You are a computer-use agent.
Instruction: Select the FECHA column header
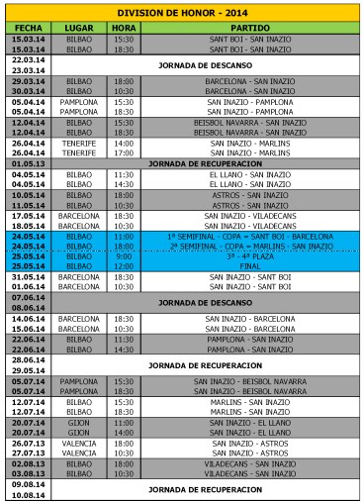point(26,27)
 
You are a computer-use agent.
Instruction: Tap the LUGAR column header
point(80,27)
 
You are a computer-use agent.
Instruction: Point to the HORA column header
point(124,27)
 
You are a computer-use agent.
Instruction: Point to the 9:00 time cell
point(124,255)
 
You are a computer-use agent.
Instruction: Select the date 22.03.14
point(26,60)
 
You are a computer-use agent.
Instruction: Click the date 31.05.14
point(26,276)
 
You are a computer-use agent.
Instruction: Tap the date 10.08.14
point(26,494)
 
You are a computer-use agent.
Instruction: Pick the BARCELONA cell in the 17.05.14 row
point(80,214)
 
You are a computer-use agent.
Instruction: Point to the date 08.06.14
point(26,307)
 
